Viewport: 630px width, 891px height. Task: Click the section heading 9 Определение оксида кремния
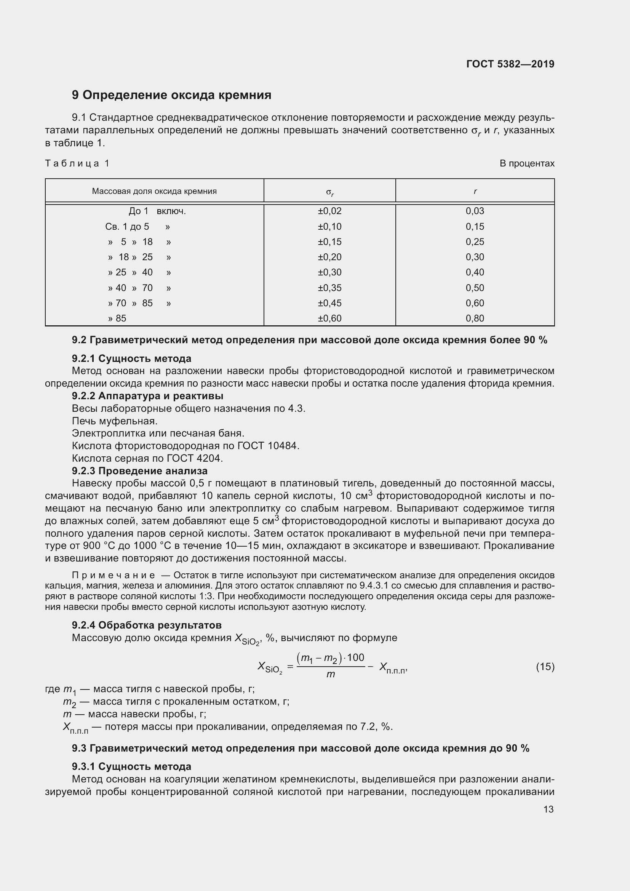pyautogui.click(x=171, y=95)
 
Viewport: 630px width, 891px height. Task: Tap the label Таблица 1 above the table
pyautogui.click(x=77, y=163)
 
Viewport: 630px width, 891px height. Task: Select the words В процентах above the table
pyautogui.click(x=527, y=163)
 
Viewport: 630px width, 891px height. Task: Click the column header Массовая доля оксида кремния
pyautogui.click(x=154, y=191)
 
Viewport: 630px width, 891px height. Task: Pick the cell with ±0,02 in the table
pyautogui.click(x=329, y=211)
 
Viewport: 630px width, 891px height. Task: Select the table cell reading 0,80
pyautogui.click(x=475, y=318)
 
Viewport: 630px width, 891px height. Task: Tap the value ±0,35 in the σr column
pyautogui.click(x=329, y=288)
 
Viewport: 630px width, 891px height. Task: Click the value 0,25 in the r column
pyautogui.click(x=475, y=242)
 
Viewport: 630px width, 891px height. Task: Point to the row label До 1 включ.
pyautogui.click(x=157, y=211)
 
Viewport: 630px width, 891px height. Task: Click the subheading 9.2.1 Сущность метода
pyautogui.click(x=131, y=358)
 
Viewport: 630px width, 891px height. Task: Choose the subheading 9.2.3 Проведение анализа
pyautogui.click(x=140, y=471)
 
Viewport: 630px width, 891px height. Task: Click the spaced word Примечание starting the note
pyautogui.click(x=114, y=575)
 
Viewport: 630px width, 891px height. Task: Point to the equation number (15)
pyautogui.click(x=545, y=667)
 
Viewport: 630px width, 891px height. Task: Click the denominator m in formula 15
pyautogui.click(x=331, y=675)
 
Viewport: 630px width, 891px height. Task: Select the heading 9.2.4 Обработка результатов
pyautogui.click(x=147, y=625)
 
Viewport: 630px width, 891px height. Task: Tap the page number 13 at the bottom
pyautogui.click(x=548, y=809)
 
